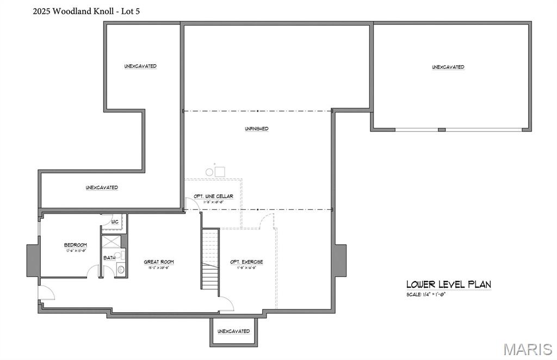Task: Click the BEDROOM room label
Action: coord(75,245)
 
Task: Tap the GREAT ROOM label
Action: coord(159,262)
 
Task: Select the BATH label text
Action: coord(109,258)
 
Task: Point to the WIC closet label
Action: coord(115,222)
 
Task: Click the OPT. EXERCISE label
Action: coord(246,262)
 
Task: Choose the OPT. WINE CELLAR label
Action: coord(213,196)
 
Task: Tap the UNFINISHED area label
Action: coord(256,129)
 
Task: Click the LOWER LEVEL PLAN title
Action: coord(448,284)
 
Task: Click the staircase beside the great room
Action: coord(210,258)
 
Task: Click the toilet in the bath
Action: coord(121,269)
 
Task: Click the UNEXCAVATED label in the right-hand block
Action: coord(448,67)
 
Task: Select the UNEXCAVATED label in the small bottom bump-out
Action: coord(233,331)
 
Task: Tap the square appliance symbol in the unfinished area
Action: coord(220,172)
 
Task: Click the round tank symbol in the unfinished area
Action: coord(209,172)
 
